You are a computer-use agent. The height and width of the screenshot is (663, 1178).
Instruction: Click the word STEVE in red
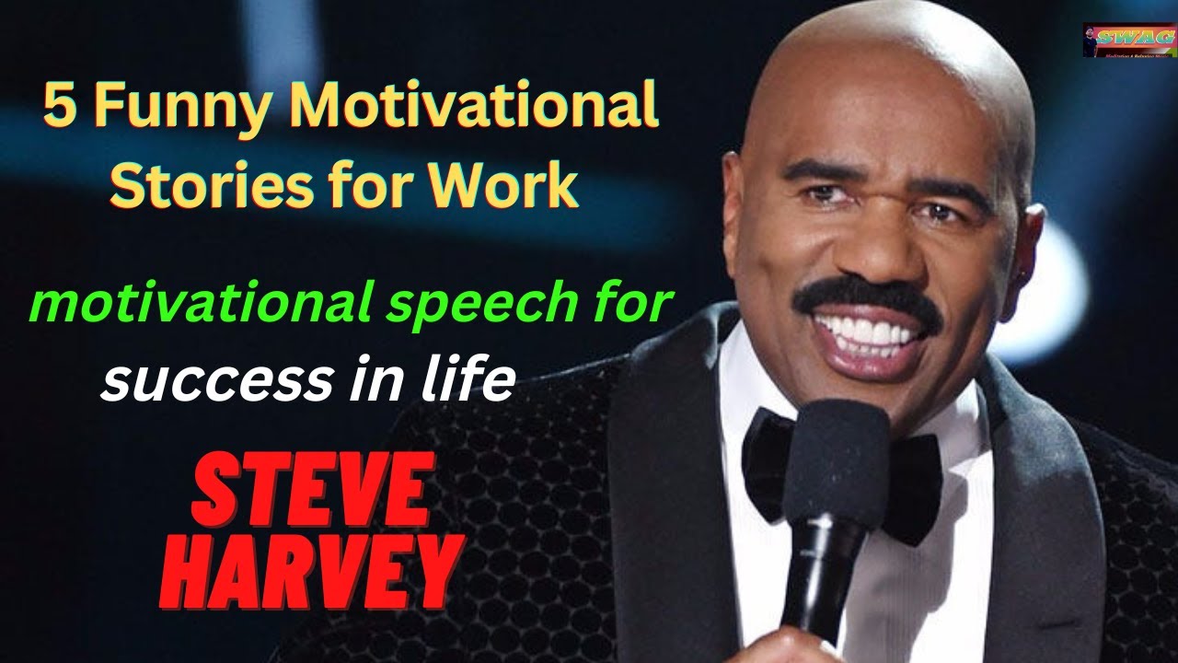pyautogui.click(x=311, y=497)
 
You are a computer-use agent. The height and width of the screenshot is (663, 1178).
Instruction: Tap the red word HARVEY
pyautogui.click(x=311, y=575)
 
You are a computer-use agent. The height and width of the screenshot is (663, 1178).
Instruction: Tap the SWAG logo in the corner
pyautogui.click(x=1128, y=40)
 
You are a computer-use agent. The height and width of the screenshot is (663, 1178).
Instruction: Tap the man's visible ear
pyautogui.click(x=1028, y=244)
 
